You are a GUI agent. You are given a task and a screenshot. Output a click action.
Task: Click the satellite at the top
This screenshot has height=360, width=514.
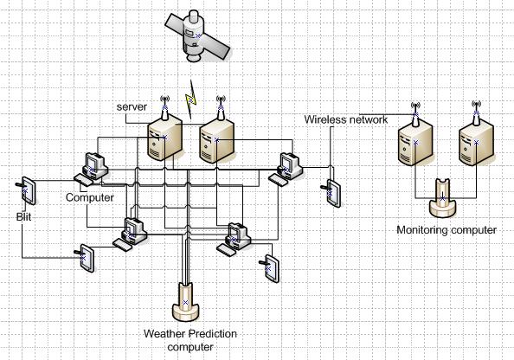197,35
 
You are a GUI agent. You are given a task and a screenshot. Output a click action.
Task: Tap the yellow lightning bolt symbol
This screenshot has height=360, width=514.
190,100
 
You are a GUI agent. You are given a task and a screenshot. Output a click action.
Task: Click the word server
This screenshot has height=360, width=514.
132,106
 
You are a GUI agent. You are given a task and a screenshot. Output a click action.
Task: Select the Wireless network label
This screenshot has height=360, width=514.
346,119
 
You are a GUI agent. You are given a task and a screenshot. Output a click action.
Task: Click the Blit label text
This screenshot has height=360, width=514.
24,216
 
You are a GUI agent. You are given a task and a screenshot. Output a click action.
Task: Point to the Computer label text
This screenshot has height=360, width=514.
90,197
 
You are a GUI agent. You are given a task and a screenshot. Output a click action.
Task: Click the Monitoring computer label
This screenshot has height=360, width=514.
447,230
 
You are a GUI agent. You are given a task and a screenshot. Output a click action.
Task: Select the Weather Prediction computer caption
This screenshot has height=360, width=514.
190,340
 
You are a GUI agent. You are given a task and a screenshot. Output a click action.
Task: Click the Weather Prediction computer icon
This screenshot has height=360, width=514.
186,302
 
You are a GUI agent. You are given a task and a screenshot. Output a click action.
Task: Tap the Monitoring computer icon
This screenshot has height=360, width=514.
442,197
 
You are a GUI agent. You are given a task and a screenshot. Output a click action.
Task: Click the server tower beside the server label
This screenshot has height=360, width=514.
164,137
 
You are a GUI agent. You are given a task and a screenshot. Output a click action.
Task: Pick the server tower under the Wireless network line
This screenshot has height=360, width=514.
415,142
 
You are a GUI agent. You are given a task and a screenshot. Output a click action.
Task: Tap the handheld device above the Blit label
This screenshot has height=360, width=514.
26,191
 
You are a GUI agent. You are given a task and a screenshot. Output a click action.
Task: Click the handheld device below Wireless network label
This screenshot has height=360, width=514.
331,194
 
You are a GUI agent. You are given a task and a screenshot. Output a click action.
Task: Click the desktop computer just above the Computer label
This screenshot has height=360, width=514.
95,166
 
